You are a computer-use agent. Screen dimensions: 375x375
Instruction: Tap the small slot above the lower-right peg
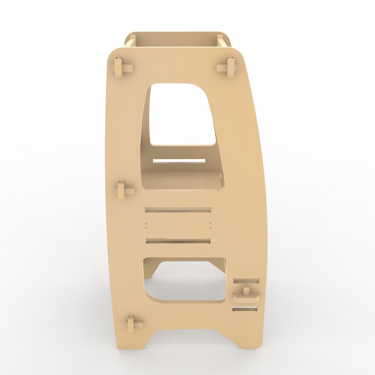pyautogui.click(x=246, y=281)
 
